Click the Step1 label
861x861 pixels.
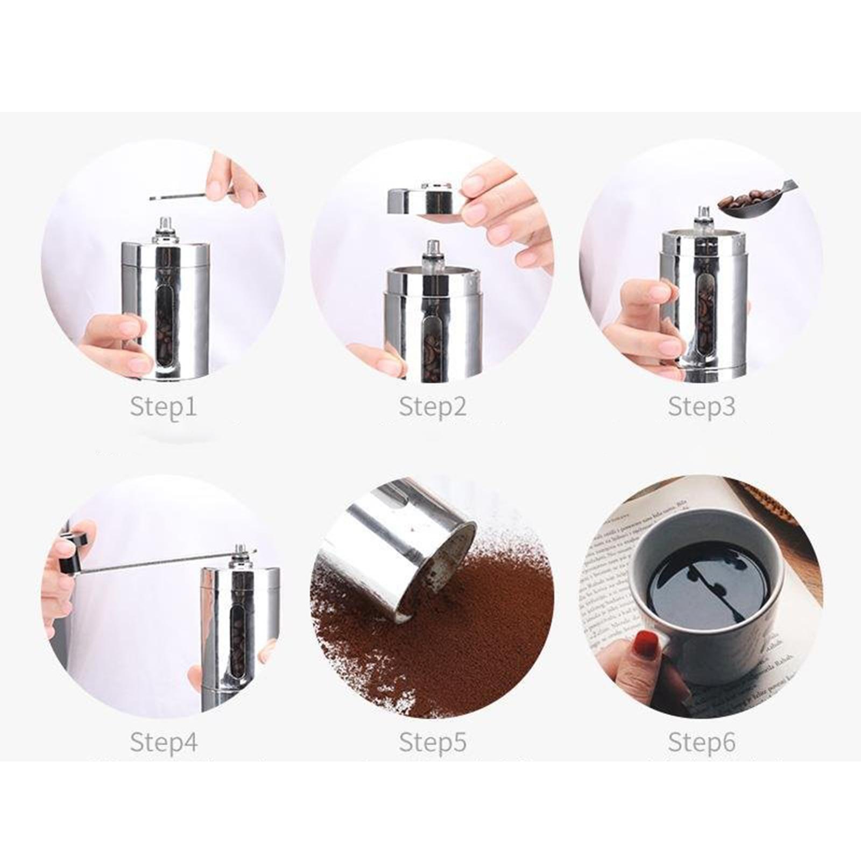coord(163,406)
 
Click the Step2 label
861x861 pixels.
coord(432,406)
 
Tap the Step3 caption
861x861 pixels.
coord(701,406)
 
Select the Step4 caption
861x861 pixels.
coord(164,742)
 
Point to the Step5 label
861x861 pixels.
coord(432,742)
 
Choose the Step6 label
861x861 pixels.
coord(701,742)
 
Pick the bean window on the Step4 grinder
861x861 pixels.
coord(237,646)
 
